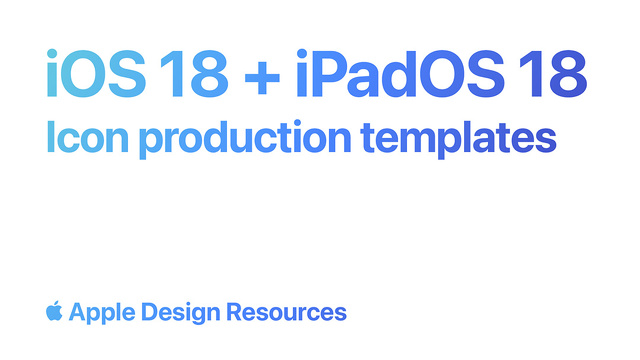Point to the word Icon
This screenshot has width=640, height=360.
(86, 138)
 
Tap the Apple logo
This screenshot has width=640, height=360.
(55, 311)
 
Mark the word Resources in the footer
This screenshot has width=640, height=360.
(286, 312)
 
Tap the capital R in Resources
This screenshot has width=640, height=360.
(235, 312)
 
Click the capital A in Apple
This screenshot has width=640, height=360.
(77, 312)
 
